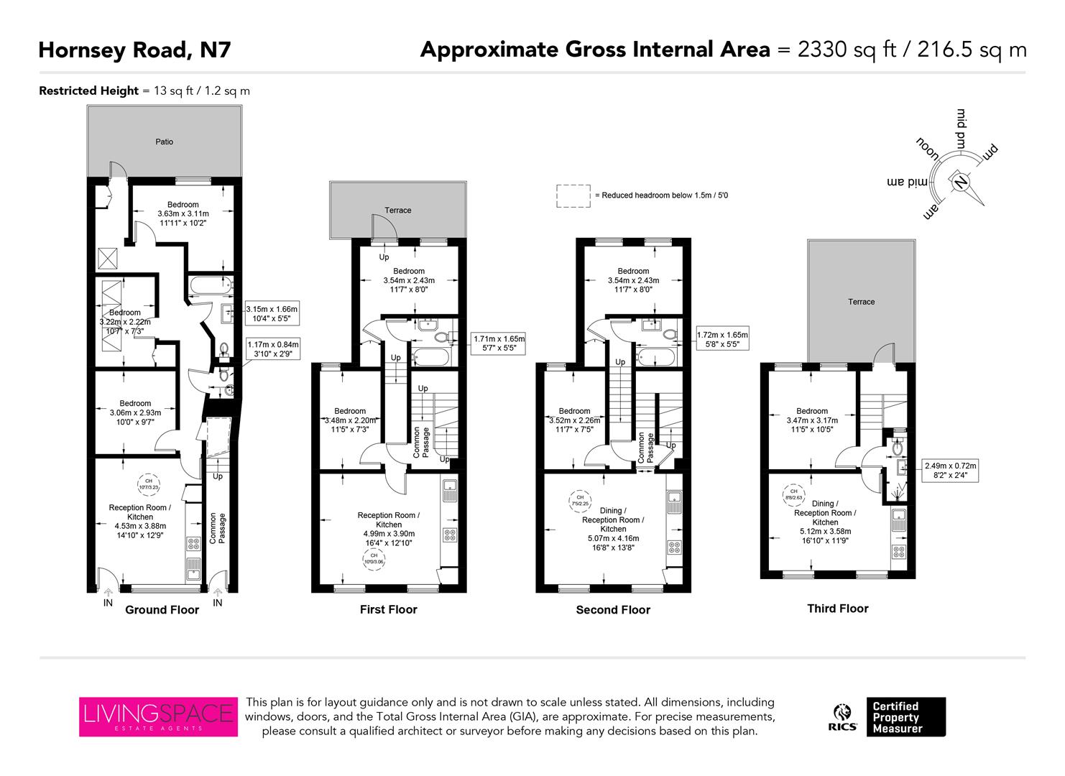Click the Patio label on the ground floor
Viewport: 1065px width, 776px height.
165,142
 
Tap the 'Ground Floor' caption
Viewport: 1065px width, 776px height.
162,610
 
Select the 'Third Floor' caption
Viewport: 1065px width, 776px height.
838,609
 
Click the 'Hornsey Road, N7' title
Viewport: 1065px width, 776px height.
134,50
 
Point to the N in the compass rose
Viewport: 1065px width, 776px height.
959,182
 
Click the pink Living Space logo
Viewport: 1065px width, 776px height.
157,716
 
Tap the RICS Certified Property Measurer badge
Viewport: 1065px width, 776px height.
889,717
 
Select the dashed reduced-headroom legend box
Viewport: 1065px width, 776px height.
572,196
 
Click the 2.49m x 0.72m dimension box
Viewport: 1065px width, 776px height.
949,471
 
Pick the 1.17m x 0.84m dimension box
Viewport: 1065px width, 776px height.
272,350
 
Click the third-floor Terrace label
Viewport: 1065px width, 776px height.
861,302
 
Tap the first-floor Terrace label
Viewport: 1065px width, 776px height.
397,211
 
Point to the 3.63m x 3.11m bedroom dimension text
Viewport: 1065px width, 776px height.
183,213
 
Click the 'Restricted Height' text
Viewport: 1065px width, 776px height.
88,91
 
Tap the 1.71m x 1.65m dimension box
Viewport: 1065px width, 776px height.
499,343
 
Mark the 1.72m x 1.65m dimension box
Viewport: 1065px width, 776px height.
723,339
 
